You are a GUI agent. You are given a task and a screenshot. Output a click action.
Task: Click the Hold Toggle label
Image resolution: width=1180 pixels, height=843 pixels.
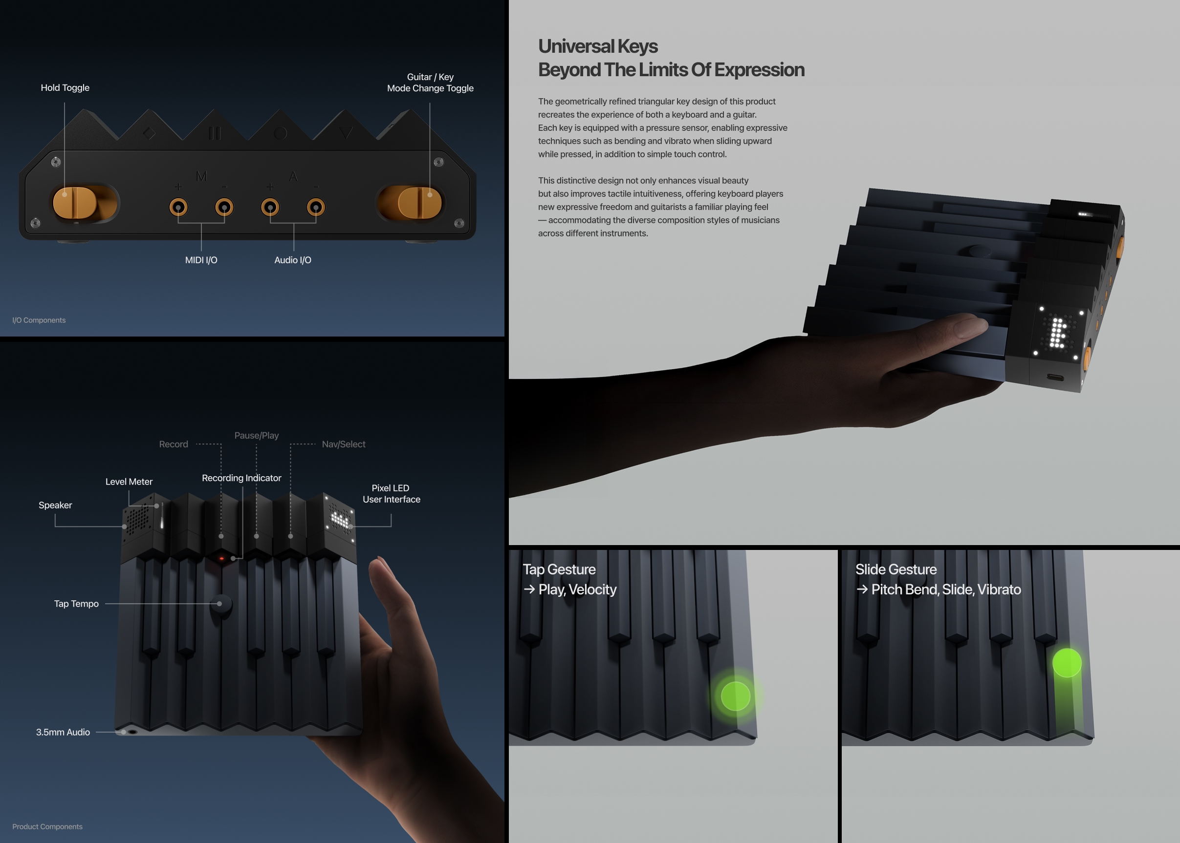[x=65, y=88]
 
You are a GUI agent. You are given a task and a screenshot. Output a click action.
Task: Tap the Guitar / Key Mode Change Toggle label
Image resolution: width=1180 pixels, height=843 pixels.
[x=430, y=83]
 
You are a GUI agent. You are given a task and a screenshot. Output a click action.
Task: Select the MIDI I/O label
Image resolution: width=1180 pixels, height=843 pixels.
[x=201, y=260]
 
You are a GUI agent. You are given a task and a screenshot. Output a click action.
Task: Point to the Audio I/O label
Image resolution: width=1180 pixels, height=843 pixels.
[x=293, y=260]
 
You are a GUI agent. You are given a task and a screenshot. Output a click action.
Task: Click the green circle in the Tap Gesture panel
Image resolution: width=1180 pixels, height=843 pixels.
[x=735, y=696]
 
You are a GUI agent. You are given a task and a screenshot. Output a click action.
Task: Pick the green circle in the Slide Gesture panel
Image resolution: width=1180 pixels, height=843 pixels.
[x=1067, y=662]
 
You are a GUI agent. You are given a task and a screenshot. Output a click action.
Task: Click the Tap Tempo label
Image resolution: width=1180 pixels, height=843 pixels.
[x=76, y=604]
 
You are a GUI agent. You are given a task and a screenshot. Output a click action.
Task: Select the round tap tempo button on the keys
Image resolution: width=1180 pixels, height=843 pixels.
[x=221, y=604]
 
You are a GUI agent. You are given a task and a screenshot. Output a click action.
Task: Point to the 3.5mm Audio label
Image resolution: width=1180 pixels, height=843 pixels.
[x=63, y=733]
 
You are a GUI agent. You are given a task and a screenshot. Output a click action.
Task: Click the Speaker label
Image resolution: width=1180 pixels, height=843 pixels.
[x=55, y=505]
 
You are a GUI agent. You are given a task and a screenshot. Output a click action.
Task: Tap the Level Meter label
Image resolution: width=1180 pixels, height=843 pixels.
[x=129, y=482]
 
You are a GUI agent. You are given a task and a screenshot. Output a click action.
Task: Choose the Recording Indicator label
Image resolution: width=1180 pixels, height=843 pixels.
[x=241, y=478]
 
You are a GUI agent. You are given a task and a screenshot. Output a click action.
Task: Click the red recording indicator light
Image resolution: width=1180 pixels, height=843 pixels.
[x=222, y=559]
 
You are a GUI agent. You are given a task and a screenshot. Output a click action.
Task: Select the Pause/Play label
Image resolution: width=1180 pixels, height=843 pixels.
[x=257, y=436]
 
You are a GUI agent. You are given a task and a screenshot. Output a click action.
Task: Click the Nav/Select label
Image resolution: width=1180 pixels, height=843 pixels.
[x=343, y=444]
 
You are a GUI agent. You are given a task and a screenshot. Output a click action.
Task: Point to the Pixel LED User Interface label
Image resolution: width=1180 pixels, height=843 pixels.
[x=391, y=494]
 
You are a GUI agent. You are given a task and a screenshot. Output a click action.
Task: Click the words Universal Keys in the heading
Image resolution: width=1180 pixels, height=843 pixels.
[x=598, y=47]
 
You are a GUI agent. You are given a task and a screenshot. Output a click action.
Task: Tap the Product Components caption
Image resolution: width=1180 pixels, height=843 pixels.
[x=47, y=826]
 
